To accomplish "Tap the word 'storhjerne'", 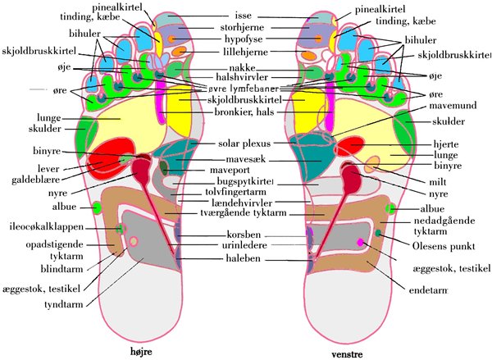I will pyautogui.click(x=245, y=27).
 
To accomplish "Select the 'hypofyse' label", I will pyautogui.click(x=245, y=39).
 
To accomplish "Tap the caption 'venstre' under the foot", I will pyautogui.click(x=348, y=354).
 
